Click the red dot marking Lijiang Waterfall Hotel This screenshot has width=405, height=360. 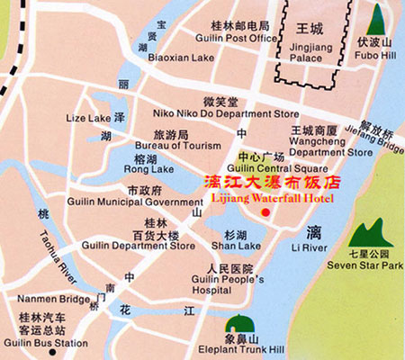[265, 211]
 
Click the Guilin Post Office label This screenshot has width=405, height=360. [238, 38]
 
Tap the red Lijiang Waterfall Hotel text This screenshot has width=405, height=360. [269, 197]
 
